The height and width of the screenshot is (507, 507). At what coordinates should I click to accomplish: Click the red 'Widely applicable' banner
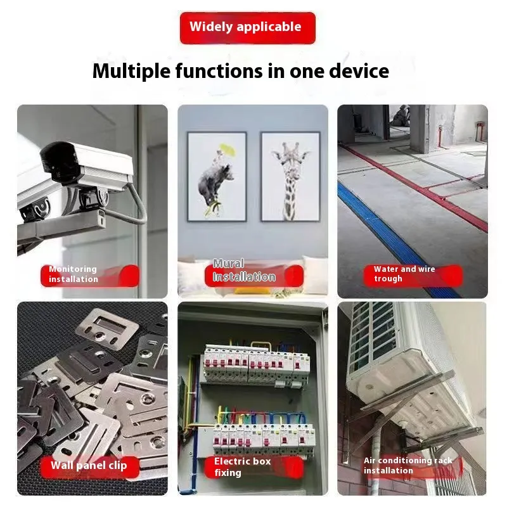click(x=247, y=28)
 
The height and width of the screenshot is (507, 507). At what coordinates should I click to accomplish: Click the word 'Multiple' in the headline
click(x=131, y=72)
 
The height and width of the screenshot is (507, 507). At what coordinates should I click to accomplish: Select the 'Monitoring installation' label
click(x=90, y=275)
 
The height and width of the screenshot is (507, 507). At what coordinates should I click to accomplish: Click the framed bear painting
click(x=217, y=177)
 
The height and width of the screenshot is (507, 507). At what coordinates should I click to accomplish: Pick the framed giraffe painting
click(x=290, y=177)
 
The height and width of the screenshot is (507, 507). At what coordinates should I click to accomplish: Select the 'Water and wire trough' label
click(x=413, y=274)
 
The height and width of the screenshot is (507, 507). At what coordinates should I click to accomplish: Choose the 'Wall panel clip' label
click(x=90, y=466)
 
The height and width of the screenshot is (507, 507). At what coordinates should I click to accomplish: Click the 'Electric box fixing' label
click(x=254, y=467)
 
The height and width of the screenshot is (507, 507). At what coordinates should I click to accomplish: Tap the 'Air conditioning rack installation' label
click(x=413, y=466)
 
